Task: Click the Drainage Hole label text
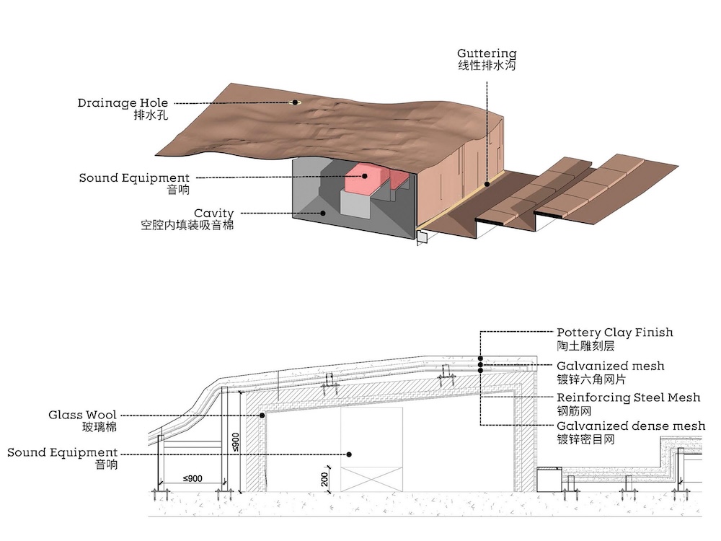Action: pyautogui.click(x=123, y=103)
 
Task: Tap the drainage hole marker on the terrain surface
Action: pyautogui.click(x=294, y=102)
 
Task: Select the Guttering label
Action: pyautogui.click(x=487, y=53)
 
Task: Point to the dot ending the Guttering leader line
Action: pyautogui.click(x=487, y=184)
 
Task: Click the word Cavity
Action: pyautogui.click(x=214, y=214)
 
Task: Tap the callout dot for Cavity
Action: pyautogui.click(x=323, y=213)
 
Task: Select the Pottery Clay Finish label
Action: pyautogui.click(x=615, y=333)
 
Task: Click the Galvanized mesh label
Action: pyautogui.click(x=611, y=366)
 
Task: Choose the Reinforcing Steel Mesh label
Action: pyautogui.click(x=629, y=397)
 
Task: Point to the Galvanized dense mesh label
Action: pyautogui.click(x=631, y=426)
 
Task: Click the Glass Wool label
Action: pyautogui.click(x=82, y=415)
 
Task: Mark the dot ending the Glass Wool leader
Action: pyautogui.click(x=262, y=415)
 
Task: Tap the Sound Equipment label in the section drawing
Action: pyautogui.click(x=63, y=453)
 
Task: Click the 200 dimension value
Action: pyautogui.click(x=324, y=480)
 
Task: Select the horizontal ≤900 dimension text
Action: pyautogui.click(x=193, y=478)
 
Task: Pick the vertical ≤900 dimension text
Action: pyautogui.click(x=235, y=442)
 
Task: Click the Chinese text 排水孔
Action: pyautogui.click(x=151, y=115)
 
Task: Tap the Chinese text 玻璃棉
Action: pyautogui.click(x=99, y=427)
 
